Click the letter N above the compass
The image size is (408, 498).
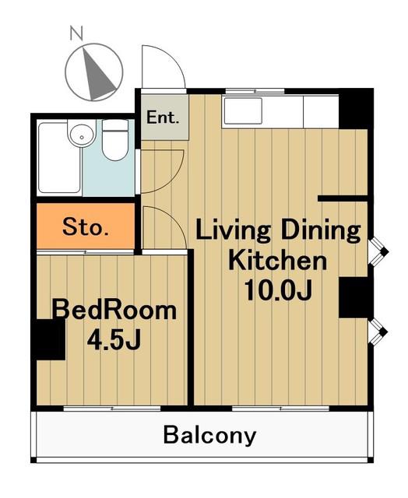click(x=76, y=33)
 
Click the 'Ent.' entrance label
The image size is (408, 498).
click(x=163, y=117)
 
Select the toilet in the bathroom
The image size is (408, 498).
click(x=115, y=140)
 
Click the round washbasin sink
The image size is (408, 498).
click(x=82, y=135)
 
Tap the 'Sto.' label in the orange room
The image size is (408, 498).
click(x=86, y=226)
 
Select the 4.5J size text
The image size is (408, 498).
click(x=114, y=339)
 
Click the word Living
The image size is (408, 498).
click(x=233, y=231)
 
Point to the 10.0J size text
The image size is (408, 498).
click(x=278, y=290)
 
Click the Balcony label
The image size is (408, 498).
click(x=209, y=436)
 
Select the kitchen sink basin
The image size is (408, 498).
click(x=243, y=110)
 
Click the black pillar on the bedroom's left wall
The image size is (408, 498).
click(x=50, y=339)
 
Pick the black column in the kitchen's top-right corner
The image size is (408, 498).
click(x=355, y=109)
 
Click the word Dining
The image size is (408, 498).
click(x=321, y=231)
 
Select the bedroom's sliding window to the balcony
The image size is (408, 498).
click(x=112, y=408)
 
